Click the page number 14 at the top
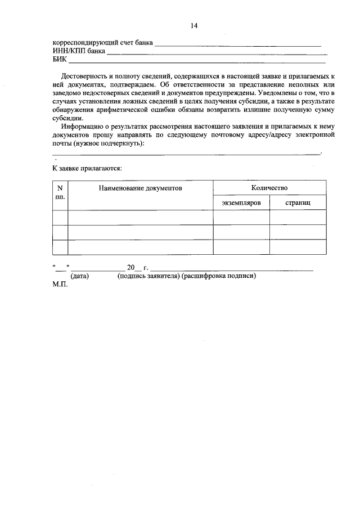pyautogui.click(x=194, y=26)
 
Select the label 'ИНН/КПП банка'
pyautogui.click(x=78, y=51)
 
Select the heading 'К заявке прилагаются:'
pyautogui.click(x=87, y=168)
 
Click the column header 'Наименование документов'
pyautogui.click(x=141, y=188)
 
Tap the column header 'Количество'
pyautogui.click(x=269, y=188)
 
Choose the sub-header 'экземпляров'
pyautogui.click(x=241, y=202)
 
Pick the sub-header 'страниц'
pyautogui.click(x=298, y=202)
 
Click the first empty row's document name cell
pyautogui.click(x=141, y=217)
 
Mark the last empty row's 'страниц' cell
pyautogui.click(x=298, y=247)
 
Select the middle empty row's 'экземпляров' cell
pyautogui.click(x=241, y=232)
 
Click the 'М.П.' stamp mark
pyautogui.click(x=60, y=285)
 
